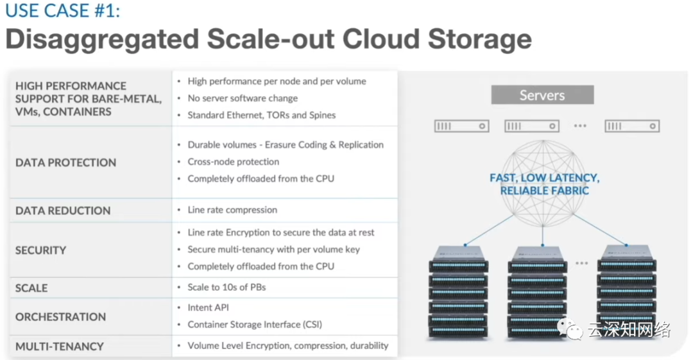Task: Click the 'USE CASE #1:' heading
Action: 62,10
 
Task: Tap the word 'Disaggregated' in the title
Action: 102,40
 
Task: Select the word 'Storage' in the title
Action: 479,39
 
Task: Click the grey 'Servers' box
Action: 542,95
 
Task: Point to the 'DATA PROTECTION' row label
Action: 66,163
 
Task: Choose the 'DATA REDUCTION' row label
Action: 63,210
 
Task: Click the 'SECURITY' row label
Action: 40,250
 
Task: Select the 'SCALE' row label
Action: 31,288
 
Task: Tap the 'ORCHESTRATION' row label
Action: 60,316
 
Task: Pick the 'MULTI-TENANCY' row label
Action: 60,347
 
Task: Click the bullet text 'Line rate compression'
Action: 232,210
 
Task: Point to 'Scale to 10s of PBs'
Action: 227,287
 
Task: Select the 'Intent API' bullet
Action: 208,307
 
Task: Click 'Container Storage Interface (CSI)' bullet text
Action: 255,325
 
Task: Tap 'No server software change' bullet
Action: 243,98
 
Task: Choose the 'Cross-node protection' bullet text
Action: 234,162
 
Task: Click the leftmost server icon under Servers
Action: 462,126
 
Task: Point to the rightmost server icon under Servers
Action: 632,126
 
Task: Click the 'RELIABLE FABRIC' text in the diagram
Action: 545,191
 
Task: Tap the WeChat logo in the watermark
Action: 570,329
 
